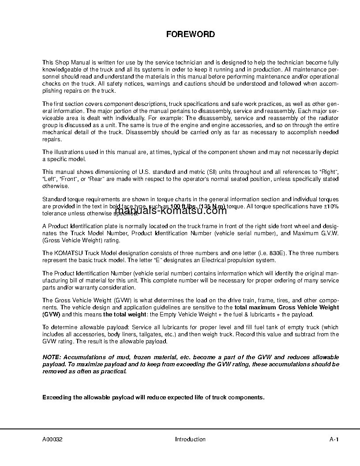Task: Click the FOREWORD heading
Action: click(190, 34)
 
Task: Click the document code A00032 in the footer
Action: click(52, 439)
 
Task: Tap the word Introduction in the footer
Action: click(190, 439)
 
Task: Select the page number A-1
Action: click(334, 439)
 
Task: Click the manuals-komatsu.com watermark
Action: click(170, 210)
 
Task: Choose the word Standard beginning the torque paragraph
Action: click(53, 199)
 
